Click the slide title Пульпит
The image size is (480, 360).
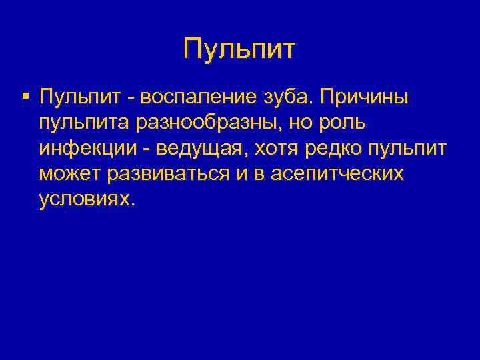239,50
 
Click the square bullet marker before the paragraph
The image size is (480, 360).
25,97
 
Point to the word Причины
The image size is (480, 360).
367,98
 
